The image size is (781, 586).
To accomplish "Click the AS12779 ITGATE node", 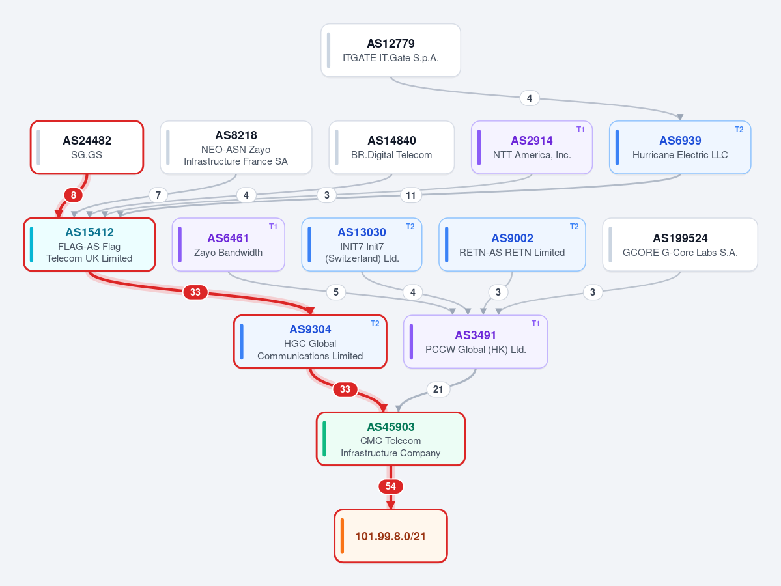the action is point(391,50).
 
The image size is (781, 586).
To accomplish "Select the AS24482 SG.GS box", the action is point(87,147).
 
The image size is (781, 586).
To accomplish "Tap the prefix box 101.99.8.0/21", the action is point(391,536).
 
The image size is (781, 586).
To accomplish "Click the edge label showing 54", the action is point(391,486).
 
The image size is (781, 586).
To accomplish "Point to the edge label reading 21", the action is point(438,389).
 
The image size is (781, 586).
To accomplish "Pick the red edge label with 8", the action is point(73,195).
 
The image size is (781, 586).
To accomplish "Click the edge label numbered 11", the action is point(411,195).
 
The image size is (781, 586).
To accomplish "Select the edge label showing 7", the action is point(158,195).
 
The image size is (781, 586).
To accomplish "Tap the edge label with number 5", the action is point(335,292).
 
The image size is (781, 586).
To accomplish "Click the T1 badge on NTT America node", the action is point(580,130).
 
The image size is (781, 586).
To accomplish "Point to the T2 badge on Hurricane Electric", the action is point(739,130).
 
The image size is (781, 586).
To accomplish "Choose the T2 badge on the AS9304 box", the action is point(375,324).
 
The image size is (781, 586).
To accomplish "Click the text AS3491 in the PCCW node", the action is point(475,335).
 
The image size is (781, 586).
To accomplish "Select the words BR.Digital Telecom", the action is point(391,155).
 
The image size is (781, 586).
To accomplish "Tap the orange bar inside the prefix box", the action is point(342,536).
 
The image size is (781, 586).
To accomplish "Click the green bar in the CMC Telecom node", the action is point(324,439).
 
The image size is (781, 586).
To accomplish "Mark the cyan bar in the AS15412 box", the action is point(31,244).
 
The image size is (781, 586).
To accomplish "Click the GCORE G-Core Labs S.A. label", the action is point(680,253).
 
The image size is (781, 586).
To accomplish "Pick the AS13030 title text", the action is point(362,232).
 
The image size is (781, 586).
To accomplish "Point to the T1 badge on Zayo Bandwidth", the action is point(273,227).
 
